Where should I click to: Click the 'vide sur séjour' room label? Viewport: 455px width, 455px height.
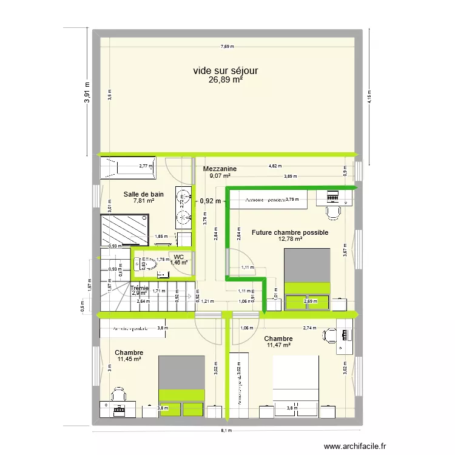pos(225,71)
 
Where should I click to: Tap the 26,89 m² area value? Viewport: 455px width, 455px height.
pos(225,80)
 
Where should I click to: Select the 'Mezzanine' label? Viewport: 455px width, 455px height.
pos(220,169)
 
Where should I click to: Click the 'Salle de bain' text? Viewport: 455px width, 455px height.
pos(143,194)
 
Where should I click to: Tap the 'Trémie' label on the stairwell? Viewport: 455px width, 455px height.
pos(140,288)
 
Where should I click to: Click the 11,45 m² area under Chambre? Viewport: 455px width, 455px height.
pos(129,359)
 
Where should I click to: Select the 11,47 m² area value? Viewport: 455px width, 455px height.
pos(278,346)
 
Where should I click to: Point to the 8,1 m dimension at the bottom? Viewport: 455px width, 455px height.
pos(226,431)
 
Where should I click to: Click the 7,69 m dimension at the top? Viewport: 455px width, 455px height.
pos(226,47)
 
